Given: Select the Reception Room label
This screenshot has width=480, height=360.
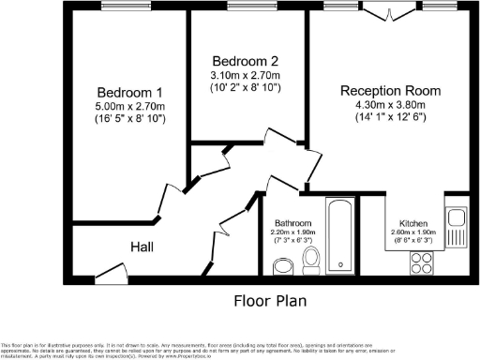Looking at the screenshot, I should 390,90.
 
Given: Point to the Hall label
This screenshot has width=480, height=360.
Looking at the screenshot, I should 142,247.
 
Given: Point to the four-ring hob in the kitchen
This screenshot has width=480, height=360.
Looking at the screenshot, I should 419,264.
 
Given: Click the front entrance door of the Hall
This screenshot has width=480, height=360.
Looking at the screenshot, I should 112,278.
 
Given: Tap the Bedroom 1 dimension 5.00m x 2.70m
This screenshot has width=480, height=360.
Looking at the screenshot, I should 131,108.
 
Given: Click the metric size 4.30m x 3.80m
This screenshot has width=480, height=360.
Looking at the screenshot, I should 390,105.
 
